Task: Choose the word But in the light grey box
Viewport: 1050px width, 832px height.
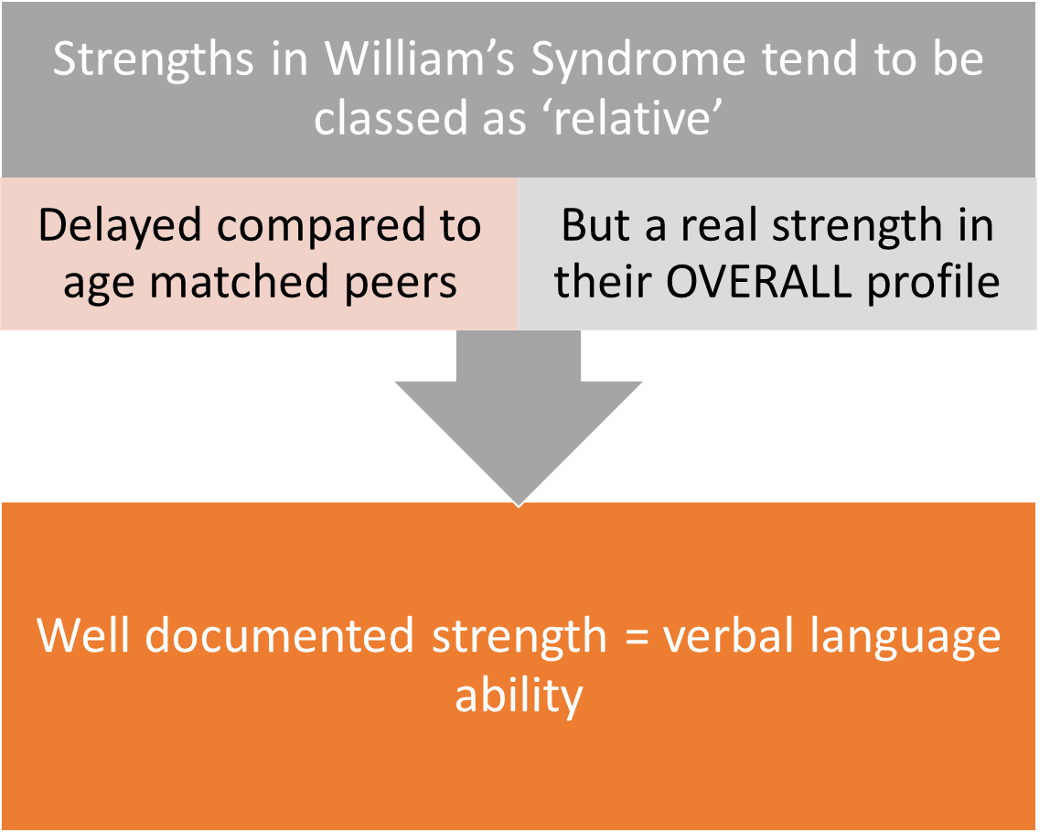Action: coord(595,224)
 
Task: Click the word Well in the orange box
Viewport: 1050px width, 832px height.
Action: coord(83,636)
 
